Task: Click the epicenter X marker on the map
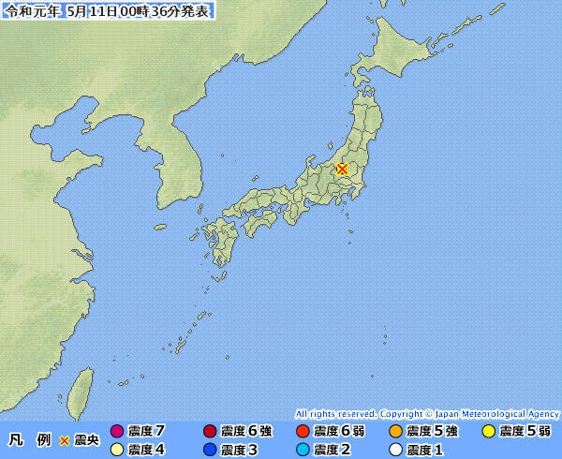343,170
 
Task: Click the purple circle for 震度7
117,431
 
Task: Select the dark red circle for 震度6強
209,431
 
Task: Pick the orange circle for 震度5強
395,431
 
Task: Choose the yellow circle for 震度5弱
488,431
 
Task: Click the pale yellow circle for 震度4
117,449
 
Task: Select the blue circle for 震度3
209,449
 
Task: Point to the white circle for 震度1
395,449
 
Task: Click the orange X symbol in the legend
65,439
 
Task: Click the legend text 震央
86,439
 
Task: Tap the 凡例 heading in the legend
28,439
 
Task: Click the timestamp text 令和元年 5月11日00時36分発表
109,10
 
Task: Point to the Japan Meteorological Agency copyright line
427,413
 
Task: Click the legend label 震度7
147,431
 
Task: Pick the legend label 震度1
425,449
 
